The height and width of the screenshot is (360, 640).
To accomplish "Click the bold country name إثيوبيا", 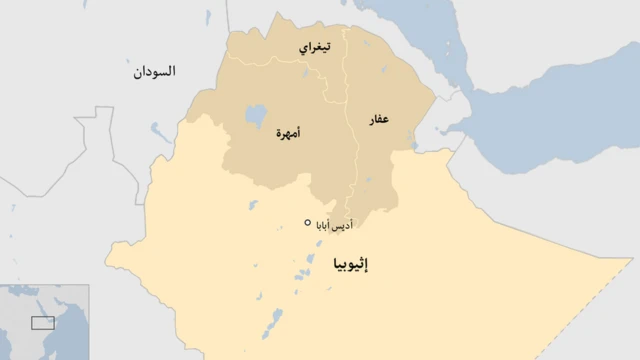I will click(x=346, y=265).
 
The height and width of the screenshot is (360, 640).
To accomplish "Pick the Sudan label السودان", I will click(x=154, y=72).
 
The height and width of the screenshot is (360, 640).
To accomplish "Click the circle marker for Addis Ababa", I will click(x=307, y=222).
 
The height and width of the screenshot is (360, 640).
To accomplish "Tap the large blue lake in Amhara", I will click(x=256, y=116).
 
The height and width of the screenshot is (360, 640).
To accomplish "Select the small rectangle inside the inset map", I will click(x=42, y=322).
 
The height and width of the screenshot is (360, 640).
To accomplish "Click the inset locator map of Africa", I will click(x=44, y=321).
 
